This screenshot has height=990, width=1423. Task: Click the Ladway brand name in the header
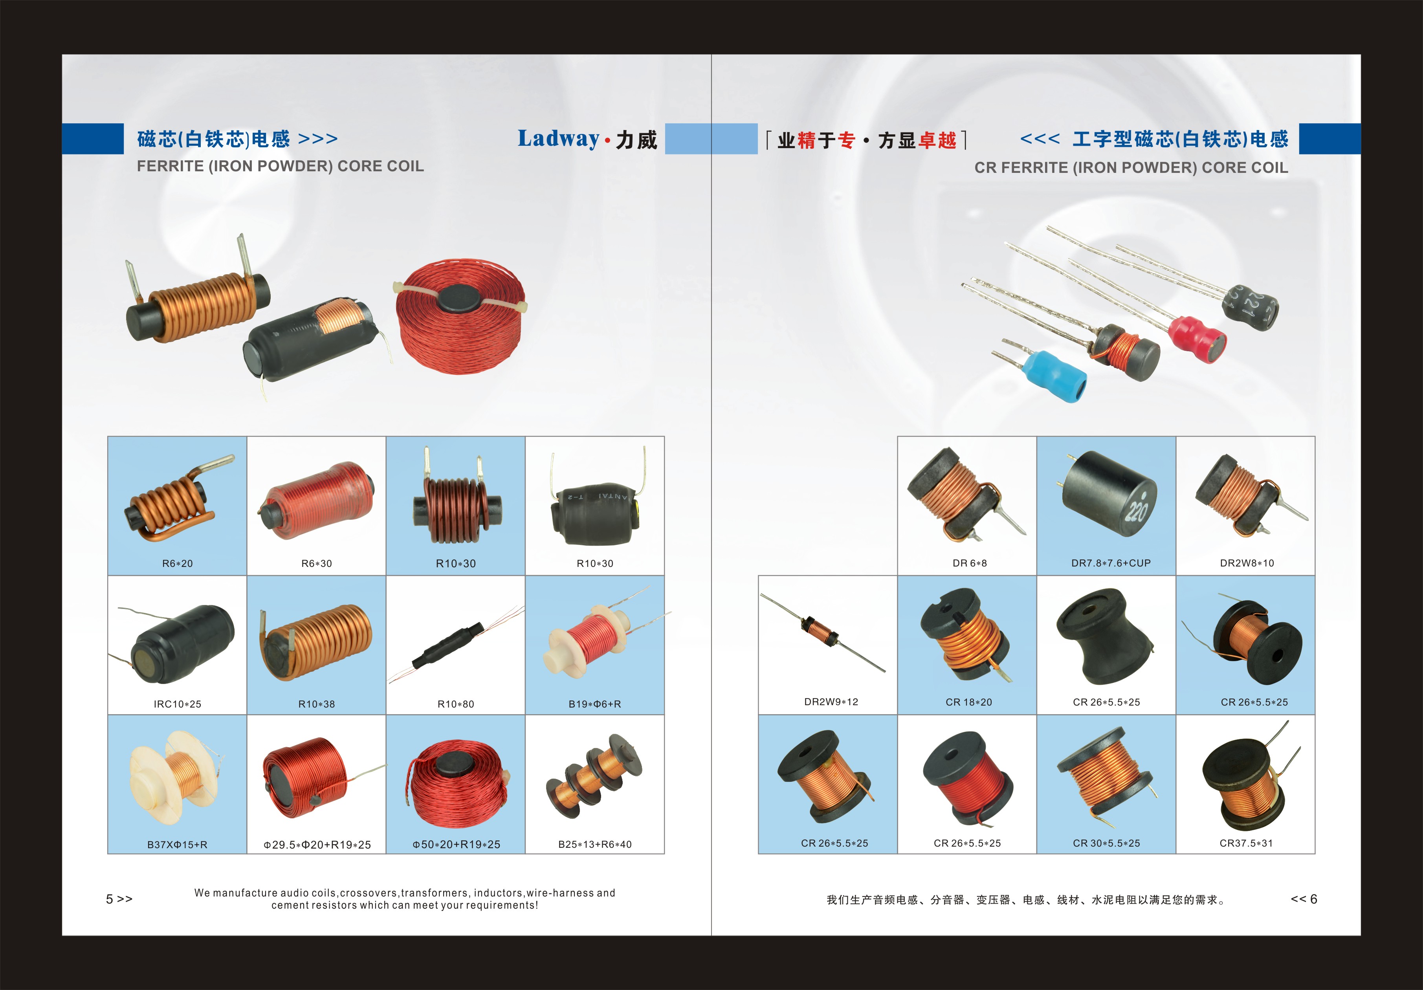(x=558, y=139)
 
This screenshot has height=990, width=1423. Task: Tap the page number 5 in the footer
(x=110, y=899)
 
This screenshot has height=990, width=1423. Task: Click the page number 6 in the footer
(x=1313, y=899)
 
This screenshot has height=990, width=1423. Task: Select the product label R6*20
(x=177, y=563)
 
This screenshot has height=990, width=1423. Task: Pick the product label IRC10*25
(x=177, y=704)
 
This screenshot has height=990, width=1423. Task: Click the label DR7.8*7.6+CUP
(x=1111, y=563)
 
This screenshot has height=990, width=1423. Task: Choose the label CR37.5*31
(x=1246, y=843)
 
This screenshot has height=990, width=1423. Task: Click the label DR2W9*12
(x=831, y=702)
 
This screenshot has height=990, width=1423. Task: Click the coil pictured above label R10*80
(x=455, y=645)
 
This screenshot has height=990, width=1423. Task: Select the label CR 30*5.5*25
(x=1106, y=843)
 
